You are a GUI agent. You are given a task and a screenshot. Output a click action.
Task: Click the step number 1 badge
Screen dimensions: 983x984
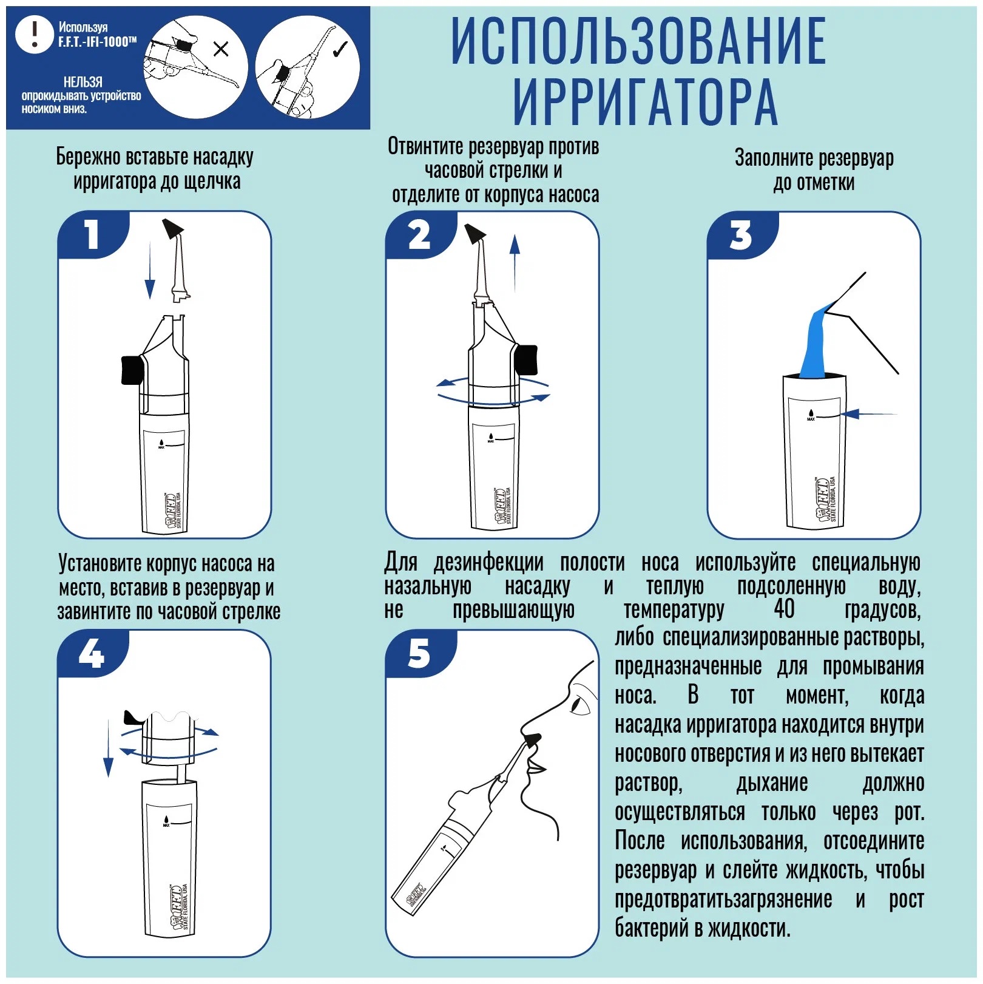pyautogui.click(x=92, y=235)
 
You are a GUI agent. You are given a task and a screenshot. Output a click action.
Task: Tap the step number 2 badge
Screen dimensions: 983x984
pyautogui.click(x=419, y=235)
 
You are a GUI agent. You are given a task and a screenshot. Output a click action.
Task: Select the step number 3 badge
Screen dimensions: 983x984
pyautogui.click(x=741, y=235)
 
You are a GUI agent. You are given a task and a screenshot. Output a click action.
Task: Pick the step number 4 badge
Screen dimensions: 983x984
pyautogui.click(x=92, y=654)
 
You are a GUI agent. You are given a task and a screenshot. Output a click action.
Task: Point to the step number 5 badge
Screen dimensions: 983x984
pyautogui.click(x=419, y=654)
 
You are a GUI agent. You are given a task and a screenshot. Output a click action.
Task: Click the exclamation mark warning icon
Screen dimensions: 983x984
pyautogui.click(x=35, y=35)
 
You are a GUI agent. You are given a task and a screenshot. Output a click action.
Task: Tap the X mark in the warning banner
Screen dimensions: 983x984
pyautogui.click(x=221, y=49)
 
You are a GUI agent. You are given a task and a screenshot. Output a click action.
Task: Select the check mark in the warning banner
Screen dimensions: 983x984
pyautogui.click(x=340, y=49)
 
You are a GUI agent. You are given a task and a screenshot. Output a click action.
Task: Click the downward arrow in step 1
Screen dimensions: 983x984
pyautogui.click(x=150, y=270)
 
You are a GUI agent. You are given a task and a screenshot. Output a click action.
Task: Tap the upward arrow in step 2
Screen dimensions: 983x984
pyautogui.click(x=515, y=263)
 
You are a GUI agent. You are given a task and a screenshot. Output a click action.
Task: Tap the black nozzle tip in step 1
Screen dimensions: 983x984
pyautogui.click(x=172, y=229)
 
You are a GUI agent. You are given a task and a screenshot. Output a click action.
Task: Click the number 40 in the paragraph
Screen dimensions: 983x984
pyautogui.click(x=784, y=608)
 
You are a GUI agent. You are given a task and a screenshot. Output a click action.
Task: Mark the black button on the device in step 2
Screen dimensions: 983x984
pyautogui.click(x=526, y=359)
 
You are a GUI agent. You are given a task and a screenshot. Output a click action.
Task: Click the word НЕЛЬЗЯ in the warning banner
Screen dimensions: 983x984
pyautogui.click(x=83, y=82)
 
